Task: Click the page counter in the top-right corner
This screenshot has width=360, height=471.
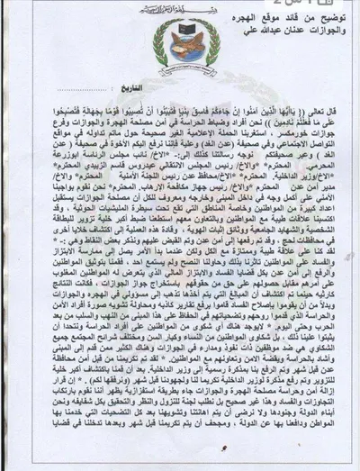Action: click(338, 6)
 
